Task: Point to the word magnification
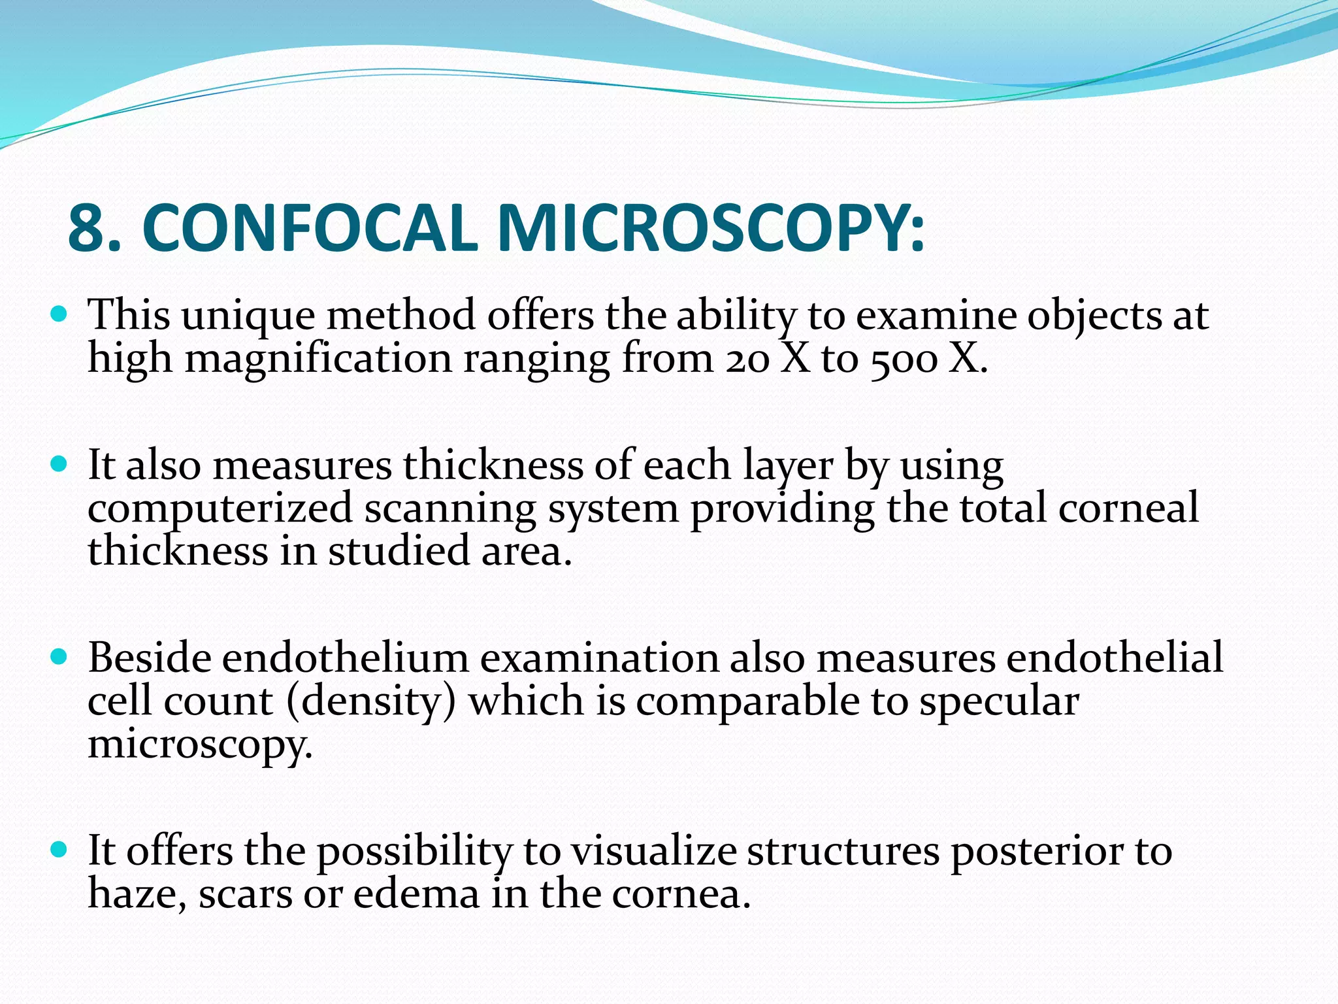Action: click(319, 360)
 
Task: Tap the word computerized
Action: click(220, 509)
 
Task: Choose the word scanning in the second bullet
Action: click(450, 509)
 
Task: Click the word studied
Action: click(399, 551)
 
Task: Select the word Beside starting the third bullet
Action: click(150, 658)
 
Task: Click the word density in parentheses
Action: click(370, 702)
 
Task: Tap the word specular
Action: click(1000, 702)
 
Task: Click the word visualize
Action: click(654, 851)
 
